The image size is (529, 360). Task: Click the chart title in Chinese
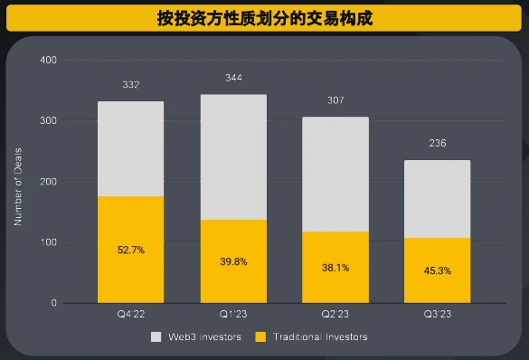pyautogui.click(x=264, y=18)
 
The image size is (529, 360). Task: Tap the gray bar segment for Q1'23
pyautogui.click(x=233, y=156)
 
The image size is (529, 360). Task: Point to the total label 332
pyautogui.click(x=130, y=85)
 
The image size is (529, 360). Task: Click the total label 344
pyautogui.click(x=233, y=79)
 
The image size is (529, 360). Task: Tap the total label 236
pyautogui.click(x=437, y=144)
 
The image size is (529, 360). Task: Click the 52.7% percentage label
pyautogui.click(x=130, y=249)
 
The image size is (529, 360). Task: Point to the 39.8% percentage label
pyautogui.click(x=233, y=261)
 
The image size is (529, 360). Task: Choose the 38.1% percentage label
pyautogui.click(x=335, y=268)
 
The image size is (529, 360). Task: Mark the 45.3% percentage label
pyautogui.click(x=437, y=270)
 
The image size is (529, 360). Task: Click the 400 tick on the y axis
pyautogui.click(x=48, y=60)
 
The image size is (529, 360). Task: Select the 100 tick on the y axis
pyautogui.click(x=48, y=242)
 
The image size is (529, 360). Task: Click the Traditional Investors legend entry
pyautogui.click(x=313, y=336)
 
